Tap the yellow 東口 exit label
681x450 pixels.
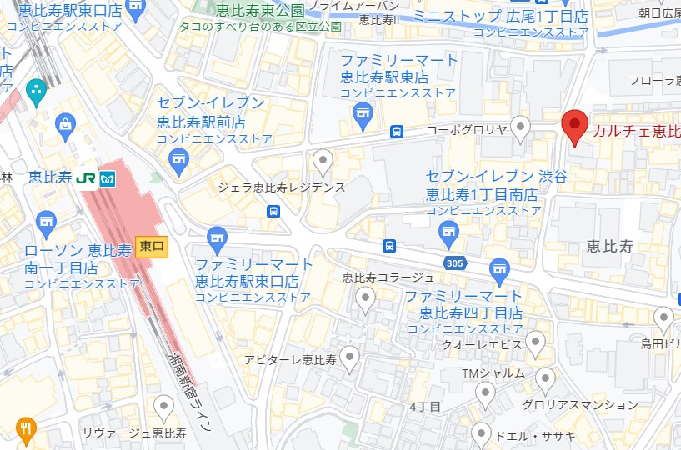tap(152, 246)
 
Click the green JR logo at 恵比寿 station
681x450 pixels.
tap(84, 178)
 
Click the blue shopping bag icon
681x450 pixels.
tap(63, 125)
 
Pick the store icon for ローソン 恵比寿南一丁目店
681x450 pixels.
tap(46, 222)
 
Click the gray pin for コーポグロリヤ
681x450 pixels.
tap(521, 127)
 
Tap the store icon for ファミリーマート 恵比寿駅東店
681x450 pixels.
tap(362, 115)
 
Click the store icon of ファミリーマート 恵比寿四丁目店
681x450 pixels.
tap(499, 268)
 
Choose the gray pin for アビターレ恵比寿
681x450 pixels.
tap(349, 358)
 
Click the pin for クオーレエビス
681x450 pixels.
tap(535, 342)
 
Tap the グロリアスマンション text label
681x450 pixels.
tap(568, 404)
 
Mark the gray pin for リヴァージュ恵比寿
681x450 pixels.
tap(164, 407)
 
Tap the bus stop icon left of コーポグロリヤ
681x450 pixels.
tap(397, 132)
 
